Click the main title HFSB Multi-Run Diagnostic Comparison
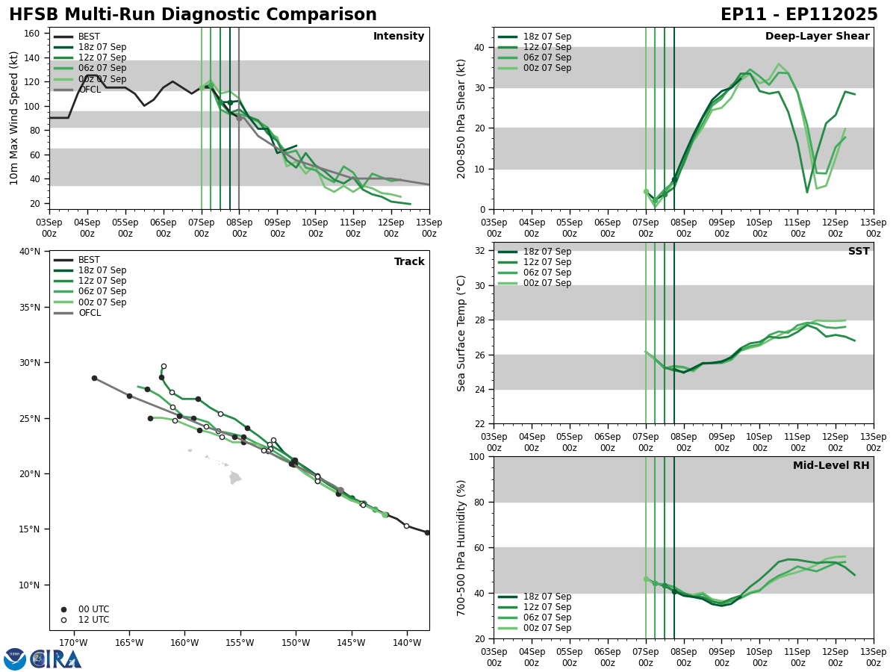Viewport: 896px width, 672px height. click(x=193, y=15)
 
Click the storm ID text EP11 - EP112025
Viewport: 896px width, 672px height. click(x=799, y=15)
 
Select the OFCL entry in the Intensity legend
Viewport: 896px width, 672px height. click(x=90, y=90)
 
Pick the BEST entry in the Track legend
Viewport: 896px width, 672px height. click(x=89, y=260)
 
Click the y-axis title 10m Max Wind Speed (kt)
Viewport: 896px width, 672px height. click(x=14, y=118)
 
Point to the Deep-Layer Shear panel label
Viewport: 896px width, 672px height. click(x=817, y=37)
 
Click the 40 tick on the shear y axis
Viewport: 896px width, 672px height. click(x=479, y=47)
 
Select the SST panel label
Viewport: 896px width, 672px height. click(x=858, y=252)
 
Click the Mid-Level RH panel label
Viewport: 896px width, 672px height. click(x=831, y=466)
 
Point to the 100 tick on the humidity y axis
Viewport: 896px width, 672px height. click(x=476, y=456)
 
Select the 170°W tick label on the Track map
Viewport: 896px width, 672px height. click(x=73, y=642)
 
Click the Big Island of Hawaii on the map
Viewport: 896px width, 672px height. click(x=235, y=477)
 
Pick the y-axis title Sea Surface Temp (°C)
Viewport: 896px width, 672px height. click(x=461, y=333)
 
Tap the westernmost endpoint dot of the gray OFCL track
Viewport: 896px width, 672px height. click(x=94, y=378)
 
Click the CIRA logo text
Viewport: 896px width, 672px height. click(x=58, y=659)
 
